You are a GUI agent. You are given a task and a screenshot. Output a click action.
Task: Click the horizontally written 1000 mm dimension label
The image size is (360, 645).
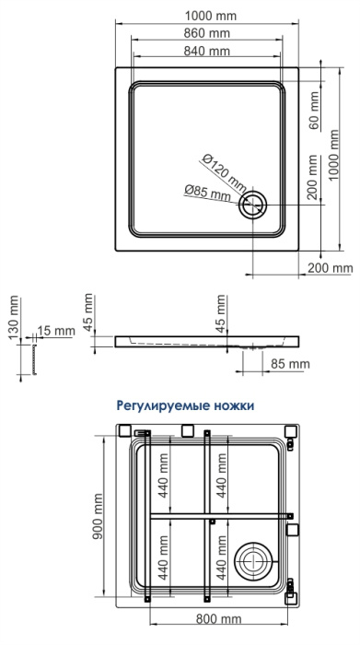pyautogui.click(x=211, y=16)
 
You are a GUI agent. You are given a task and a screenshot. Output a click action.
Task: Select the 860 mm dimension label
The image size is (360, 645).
pyautogui.click(x=207, y=34)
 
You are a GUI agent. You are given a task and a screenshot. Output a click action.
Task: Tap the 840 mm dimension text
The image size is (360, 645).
pyautogui.click(x=207, y=52)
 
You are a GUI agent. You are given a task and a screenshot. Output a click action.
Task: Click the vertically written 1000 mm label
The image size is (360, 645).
pyautogui.click(x=333, y=155)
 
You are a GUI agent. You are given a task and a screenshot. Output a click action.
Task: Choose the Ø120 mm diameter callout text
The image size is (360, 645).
pyautogui.click(x=224, y=174)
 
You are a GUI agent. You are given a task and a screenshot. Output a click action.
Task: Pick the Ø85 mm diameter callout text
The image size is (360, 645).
pyautogui.click(x=207, y=193)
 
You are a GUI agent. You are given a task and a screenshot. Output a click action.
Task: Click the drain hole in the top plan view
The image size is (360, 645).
pyautogui.click(x=253, y=205)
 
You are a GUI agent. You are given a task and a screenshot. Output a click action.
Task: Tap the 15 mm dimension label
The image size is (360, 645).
pyautogui.click(x=56, y=331)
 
